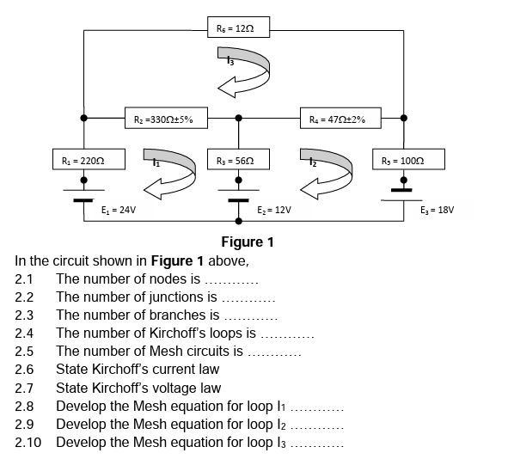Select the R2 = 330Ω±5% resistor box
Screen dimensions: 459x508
(163, 119)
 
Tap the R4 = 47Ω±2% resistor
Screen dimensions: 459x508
(337, 119)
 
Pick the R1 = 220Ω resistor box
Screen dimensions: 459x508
(83, 161)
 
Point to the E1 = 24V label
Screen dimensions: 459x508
(119, 209)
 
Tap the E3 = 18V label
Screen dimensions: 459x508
(437, 209)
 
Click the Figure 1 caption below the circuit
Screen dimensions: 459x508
(247, 242)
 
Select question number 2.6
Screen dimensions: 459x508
(24, 370)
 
